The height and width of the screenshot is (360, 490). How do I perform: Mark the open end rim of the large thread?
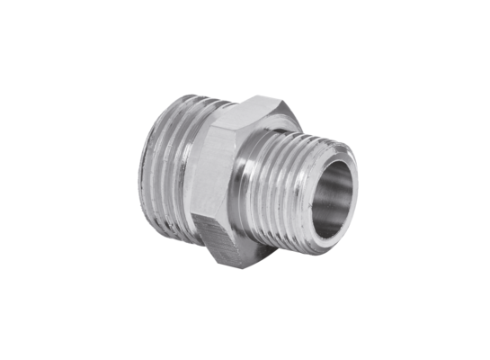click(x=143, y=153)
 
